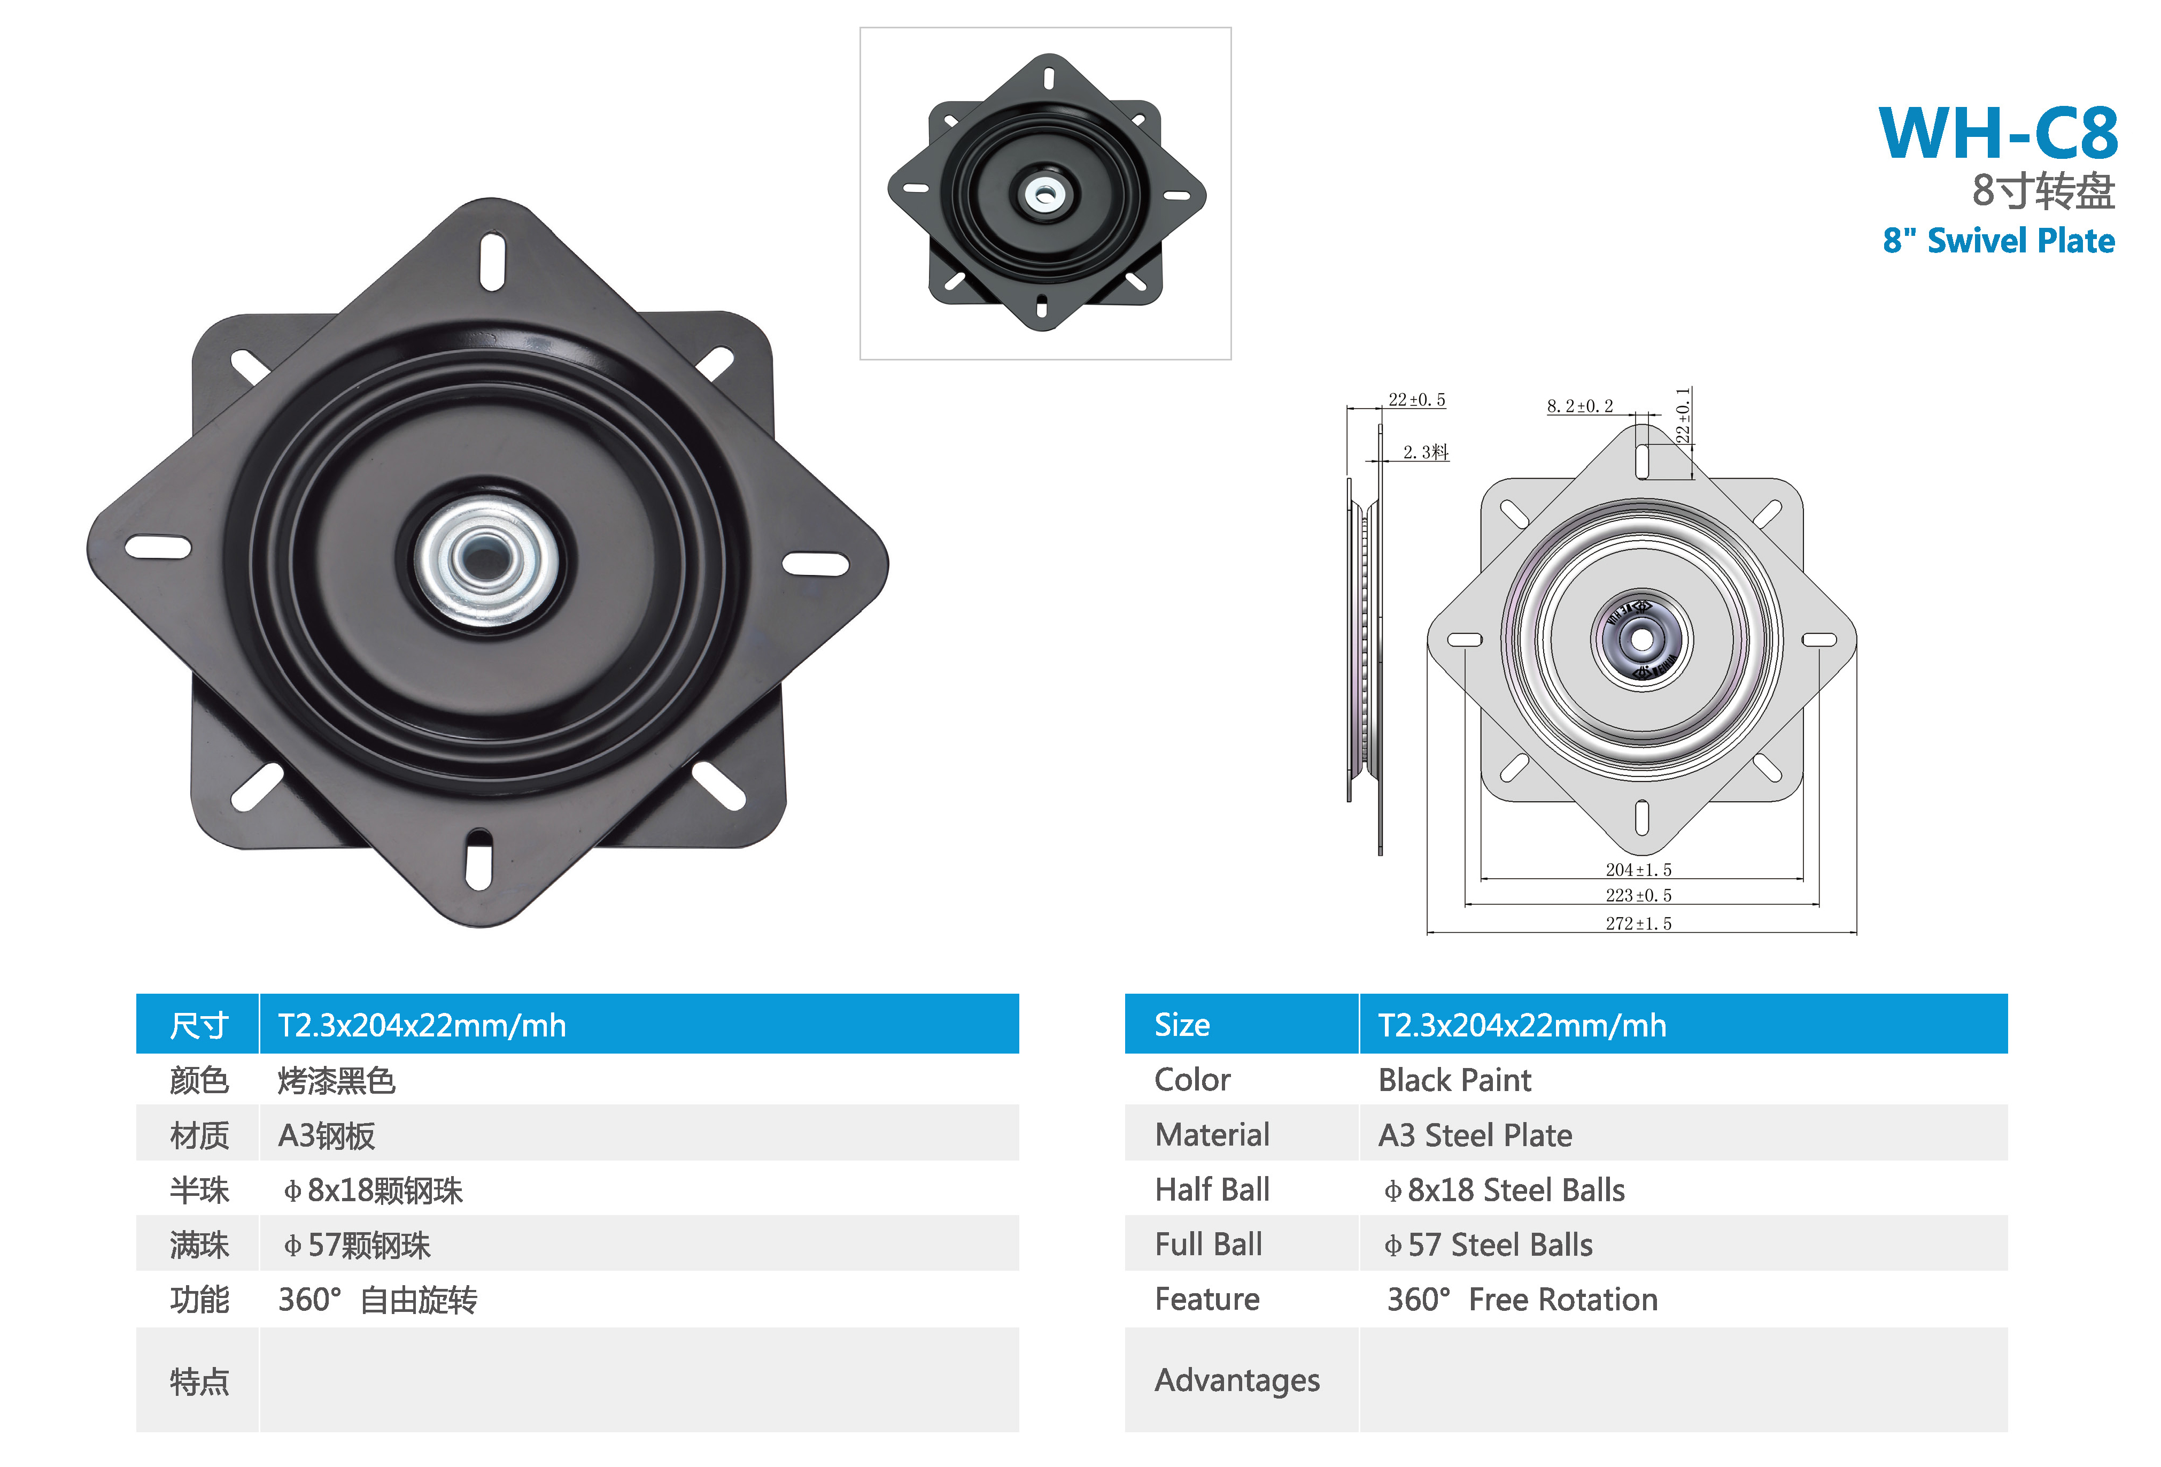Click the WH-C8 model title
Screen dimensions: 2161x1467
[x=1999, y=133]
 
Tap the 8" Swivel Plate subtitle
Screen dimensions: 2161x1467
[x=1999, y=240]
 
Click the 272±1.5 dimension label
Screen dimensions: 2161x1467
[x=1638, y=923]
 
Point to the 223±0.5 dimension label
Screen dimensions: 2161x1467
[x=1638, y=895]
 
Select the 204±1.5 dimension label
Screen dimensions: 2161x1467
[x=1638, y=870]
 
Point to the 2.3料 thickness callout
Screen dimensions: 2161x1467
[x=1426, y=452]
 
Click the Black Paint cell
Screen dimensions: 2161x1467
[x=1454, y=1080]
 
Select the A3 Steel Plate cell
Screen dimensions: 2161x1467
[x=1475, y=1135]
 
